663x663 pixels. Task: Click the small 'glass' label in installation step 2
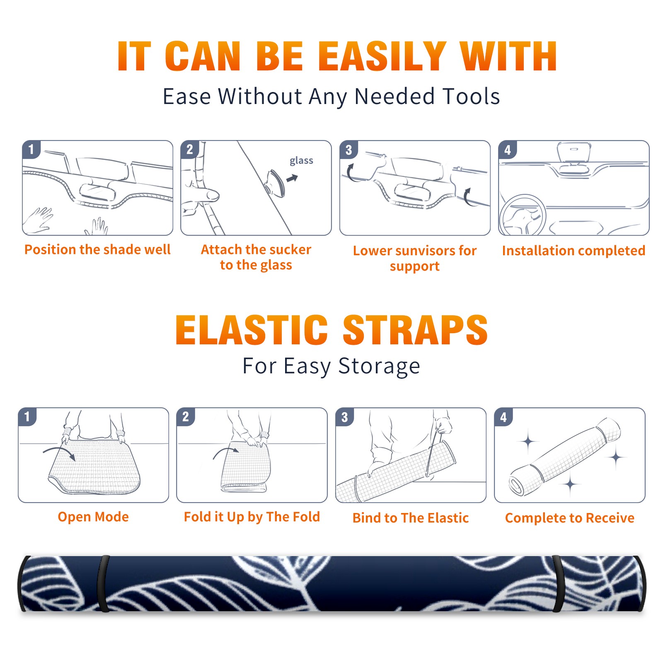click(301, 160)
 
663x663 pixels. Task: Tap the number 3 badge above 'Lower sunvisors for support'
click(348, 150)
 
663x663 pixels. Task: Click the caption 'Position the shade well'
click(97, 249)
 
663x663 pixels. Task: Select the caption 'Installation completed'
click(573, 250)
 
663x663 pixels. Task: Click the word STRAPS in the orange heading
click(415, 330)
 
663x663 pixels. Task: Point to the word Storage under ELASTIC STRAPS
click(379, 366)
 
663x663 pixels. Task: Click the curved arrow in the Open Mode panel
click(59, 452)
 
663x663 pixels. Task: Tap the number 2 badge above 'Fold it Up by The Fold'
click(186, 416)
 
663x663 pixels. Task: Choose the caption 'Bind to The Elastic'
click(410, 518)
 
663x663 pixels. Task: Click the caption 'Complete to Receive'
click(569, 518)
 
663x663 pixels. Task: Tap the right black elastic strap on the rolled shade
click(558, 583)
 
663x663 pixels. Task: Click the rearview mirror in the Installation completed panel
click(574, 151)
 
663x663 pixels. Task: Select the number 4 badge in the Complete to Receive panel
click(503, 416)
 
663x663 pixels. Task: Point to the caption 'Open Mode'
click(93, 517)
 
